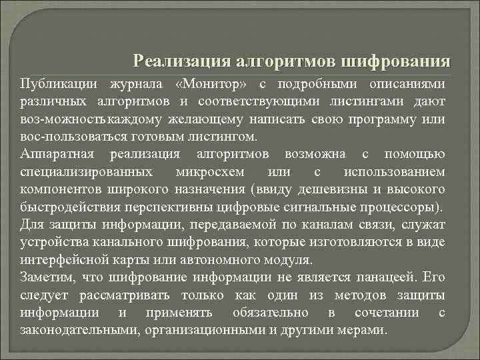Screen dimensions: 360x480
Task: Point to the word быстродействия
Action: click(x=71, y=207)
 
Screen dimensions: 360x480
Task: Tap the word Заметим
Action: click(x=46, y=276)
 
